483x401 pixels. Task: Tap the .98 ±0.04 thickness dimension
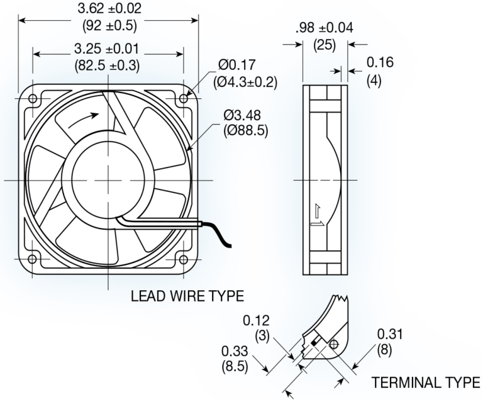[324, 28]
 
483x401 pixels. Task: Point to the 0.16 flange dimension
[379, 62]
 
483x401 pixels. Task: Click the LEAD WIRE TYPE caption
[187, 295]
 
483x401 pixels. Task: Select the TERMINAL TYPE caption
[426, 382]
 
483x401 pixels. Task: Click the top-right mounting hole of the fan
[183, 99]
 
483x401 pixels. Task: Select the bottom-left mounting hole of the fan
[33, 259]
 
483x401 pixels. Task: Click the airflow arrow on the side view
[318, 218]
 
